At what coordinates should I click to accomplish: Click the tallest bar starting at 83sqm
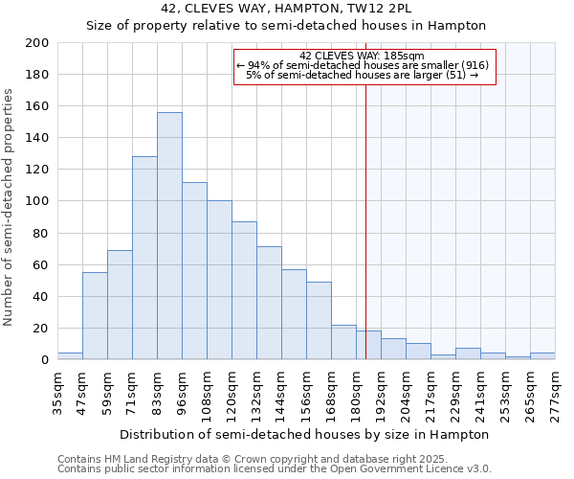[x=169, y=236]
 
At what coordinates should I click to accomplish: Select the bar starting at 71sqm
[x=144, y=258]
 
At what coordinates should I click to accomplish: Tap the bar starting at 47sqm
[x=95, y=315]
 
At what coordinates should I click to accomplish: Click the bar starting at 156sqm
[x=319, y=320]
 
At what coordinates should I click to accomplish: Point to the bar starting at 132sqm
[x=269, y=303]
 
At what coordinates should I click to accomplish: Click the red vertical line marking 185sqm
[x=365, y=239]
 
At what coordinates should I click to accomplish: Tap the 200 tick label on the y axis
[x=36, y=43]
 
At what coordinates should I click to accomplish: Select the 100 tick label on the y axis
[x=36, y=201]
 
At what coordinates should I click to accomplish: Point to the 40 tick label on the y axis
[x=40, y=296]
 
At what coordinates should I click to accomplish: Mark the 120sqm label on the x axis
[x=232, y=394]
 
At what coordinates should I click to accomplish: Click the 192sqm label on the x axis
[x=381, y=394]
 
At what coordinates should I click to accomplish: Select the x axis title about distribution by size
[x=305, y=434]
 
